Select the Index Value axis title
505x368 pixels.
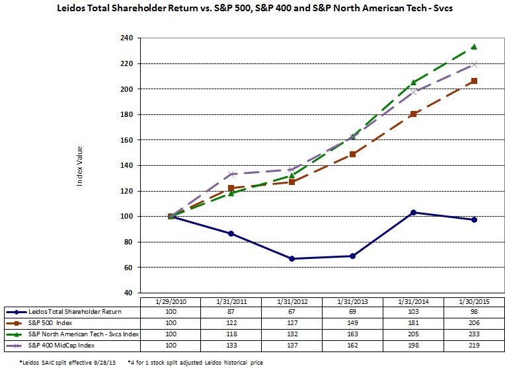tap(80, 166)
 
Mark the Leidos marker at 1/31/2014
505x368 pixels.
tap(414, 212)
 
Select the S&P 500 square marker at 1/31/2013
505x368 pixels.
tap(352, 154)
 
